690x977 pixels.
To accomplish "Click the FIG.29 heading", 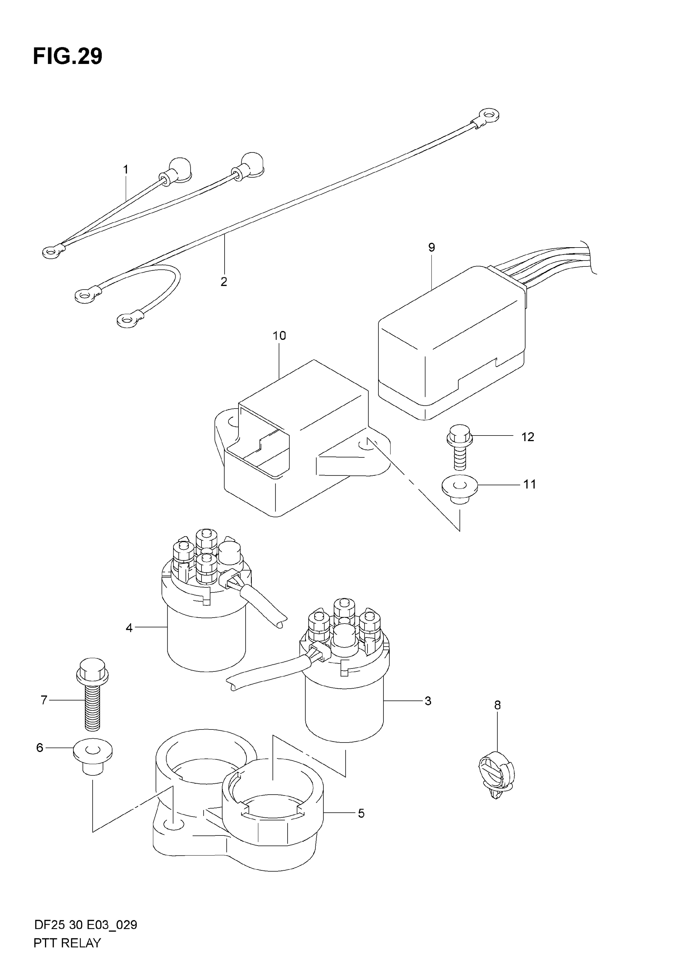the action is pos(68,56).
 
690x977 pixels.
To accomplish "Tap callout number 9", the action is pos(432,247).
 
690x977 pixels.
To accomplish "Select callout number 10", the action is pos(279,336).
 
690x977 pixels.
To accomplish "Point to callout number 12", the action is pos(528,437).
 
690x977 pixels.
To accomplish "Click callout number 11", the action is pos(529,484).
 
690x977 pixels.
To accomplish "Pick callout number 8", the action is pos(497,705).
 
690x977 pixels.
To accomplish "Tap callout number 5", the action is pos(361,813).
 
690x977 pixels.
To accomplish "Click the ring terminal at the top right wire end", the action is pos(487,115).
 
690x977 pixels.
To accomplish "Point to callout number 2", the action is pos(224,282).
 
